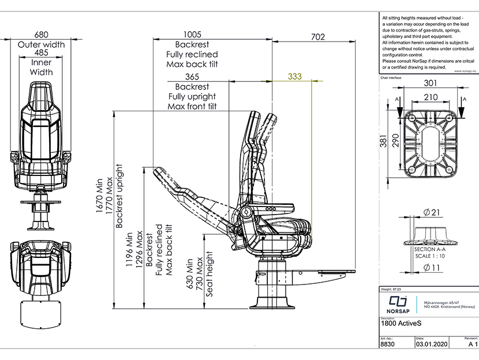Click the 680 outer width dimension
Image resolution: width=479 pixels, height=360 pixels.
pyautogui.click(x=41, y=35)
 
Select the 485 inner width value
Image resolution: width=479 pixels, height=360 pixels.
pyautogui.click(x=41, y=53)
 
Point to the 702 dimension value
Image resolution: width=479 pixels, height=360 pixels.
pyautogui.click(x=318, y=37)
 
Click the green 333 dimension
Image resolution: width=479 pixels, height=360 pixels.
pyautogui.click(x=294, y=76)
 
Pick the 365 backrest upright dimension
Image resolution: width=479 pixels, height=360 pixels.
pyautogui.click(x=192, y=77)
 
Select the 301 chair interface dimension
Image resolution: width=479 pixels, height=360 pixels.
pyautogui.click(x=431, y=83)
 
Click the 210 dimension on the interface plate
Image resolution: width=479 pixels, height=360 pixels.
pyautogui.click(x=431, y=97)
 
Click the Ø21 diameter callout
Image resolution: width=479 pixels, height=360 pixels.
pyautogui.click(x=431, y=213)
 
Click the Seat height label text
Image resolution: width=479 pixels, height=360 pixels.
pyautogui.click(x=209, y=273)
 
